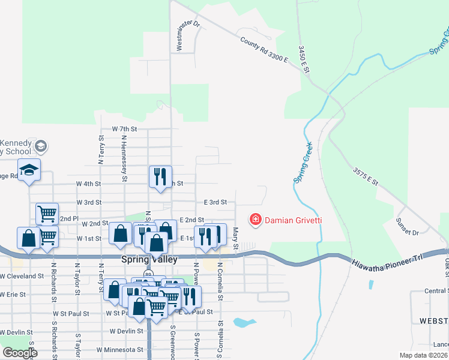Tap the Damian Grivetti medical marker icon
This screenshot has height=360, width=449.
[256, 220]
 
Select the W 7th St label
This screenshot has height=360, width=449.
[124, 129]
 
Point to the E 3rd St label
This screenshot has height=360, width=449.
[215, 203]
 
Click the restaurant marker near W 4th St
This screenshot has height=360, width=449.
[160, 176]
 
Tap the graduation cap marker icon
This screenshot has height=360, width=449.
[29, 170]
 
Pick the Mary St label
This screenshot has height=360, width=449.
[236, 239]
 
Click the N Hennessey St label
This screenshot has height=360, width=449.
[124, 157]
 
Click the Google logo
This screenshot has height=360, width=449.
[20, 353]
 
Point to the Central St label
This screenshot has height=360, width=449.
[436, 292]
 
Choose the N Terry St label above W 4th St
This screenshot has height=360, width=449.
[100, 149]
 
